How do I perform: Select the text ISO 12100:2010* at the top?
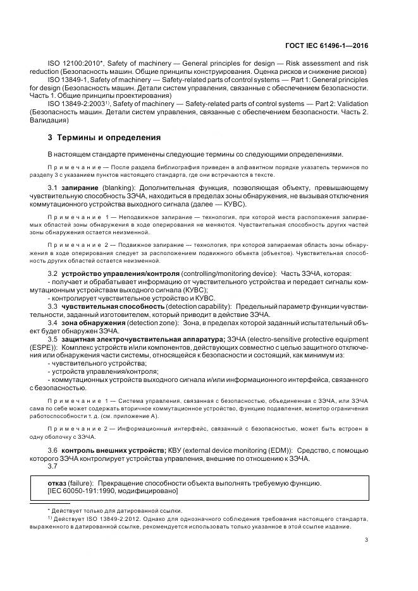71,64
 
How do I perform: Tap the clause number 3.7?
53,465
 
